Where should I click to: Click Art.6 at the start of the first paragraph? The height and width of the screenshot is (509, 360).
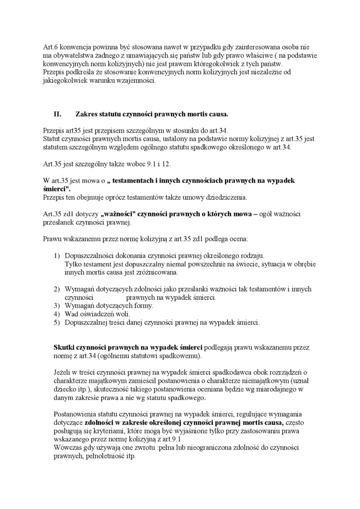(x=50, y=46)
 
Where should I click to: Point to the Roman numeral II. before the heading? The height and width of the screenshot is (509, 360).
(x=58, y=114)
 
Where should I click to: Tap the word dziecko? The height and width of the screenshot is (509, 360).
(x=65, y=389)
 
